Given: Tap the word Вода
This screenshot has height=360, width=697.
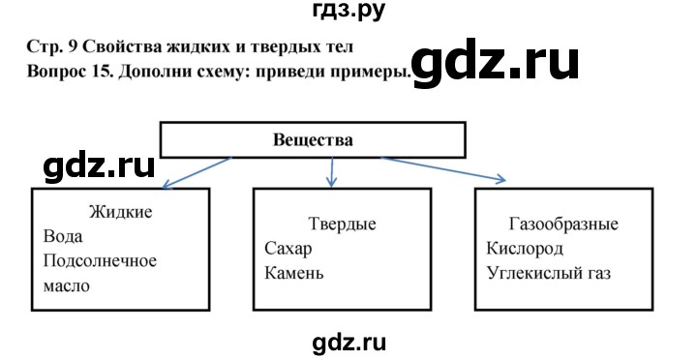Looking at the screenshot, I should click(65, 236).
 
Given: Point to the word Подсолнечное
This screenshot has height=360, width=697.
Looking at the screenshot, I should click(101, 261).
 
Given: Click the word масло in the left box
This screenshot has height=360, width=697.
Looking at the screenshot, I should click(67, 285).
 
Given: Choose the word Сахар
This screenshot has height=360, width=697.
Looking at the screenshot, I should click(288, 249).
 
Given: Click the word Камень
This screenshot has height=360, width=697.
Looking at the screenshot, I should click(293, 273).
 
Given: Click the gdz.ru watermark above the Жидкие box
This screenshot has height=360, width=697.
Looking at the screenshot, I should click(100, 165).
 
